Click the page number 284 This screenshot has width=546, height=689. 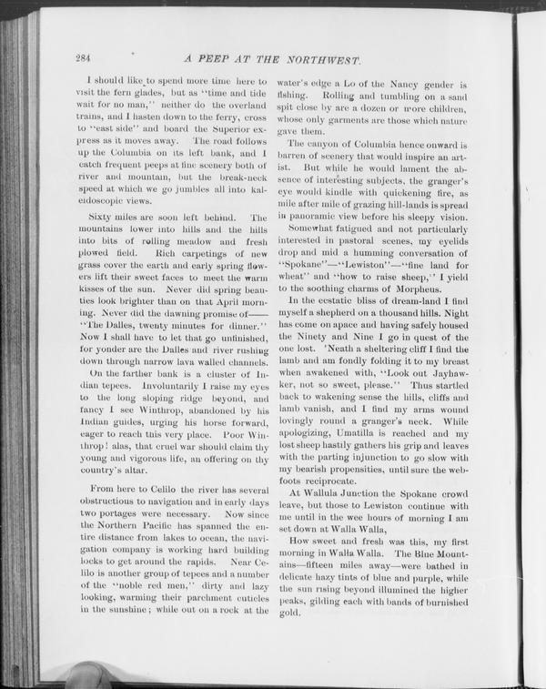point(84,59)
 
